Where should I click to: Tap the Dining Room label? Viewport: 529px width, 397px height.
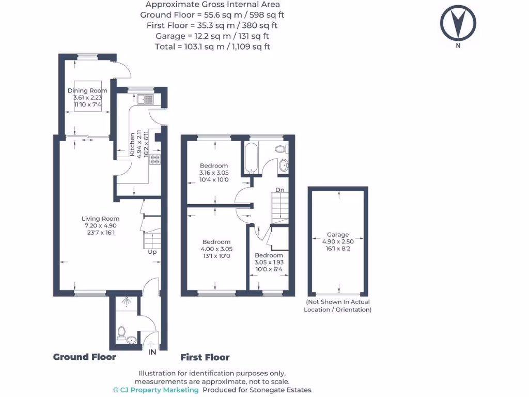(x=87, y=90)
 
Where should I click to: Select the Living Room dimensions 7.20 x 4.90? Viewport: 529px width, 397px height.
(x=102, y=226)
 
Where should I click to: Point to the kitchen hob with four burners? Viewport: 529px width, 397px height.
(x=155, y=160)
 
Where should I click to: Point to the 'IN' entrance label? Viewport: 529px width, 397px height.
(x=152, y=352)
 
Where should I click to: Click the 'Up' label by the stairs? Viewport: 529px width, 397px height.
(x=152, y=252)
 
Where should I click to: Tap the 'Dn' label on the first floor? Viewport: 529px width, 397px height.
(x=279, y=190)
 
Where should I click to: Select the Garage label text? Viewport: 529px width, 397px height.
(x=337, y=234)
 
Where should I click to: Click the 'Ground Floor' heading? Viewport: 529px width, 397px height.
(x=85, y=357)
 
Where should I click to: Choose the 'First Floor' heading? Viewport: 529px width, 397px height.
(x=205, y=357)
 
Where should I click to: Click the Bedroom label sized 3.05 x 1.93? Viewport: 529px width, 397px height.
(x=269, y=255)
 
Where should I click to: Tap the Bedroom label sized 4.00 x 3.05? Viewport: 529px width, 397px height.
(x=216, y=242)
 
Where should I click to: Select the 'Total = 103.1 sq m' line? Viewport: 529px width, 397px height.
(x=212, y=47)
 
